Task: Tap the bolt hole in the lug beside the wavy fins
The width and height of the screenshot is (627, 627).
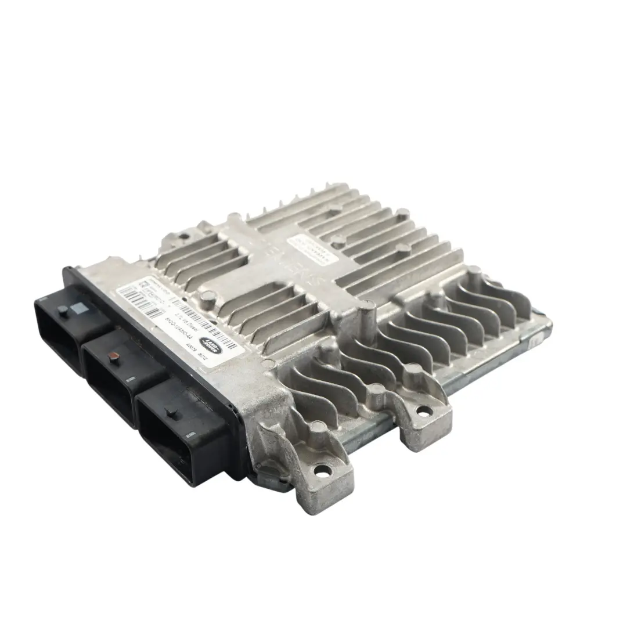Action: [424, 412]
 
